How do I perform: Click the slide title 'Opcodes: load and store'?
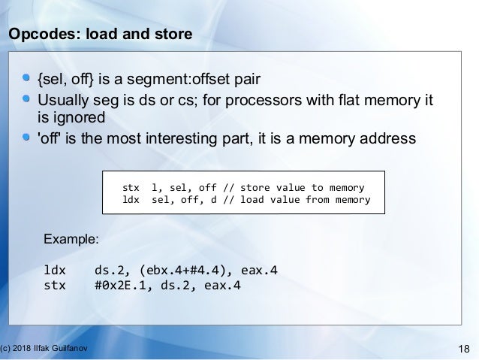click(x=100, y=35)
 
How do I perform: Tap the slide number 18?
click(x=463, y=346)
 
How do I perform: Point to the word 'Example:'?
click(x=71, y=240)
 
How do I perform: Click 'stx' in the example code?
click(x=56, y=285)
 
